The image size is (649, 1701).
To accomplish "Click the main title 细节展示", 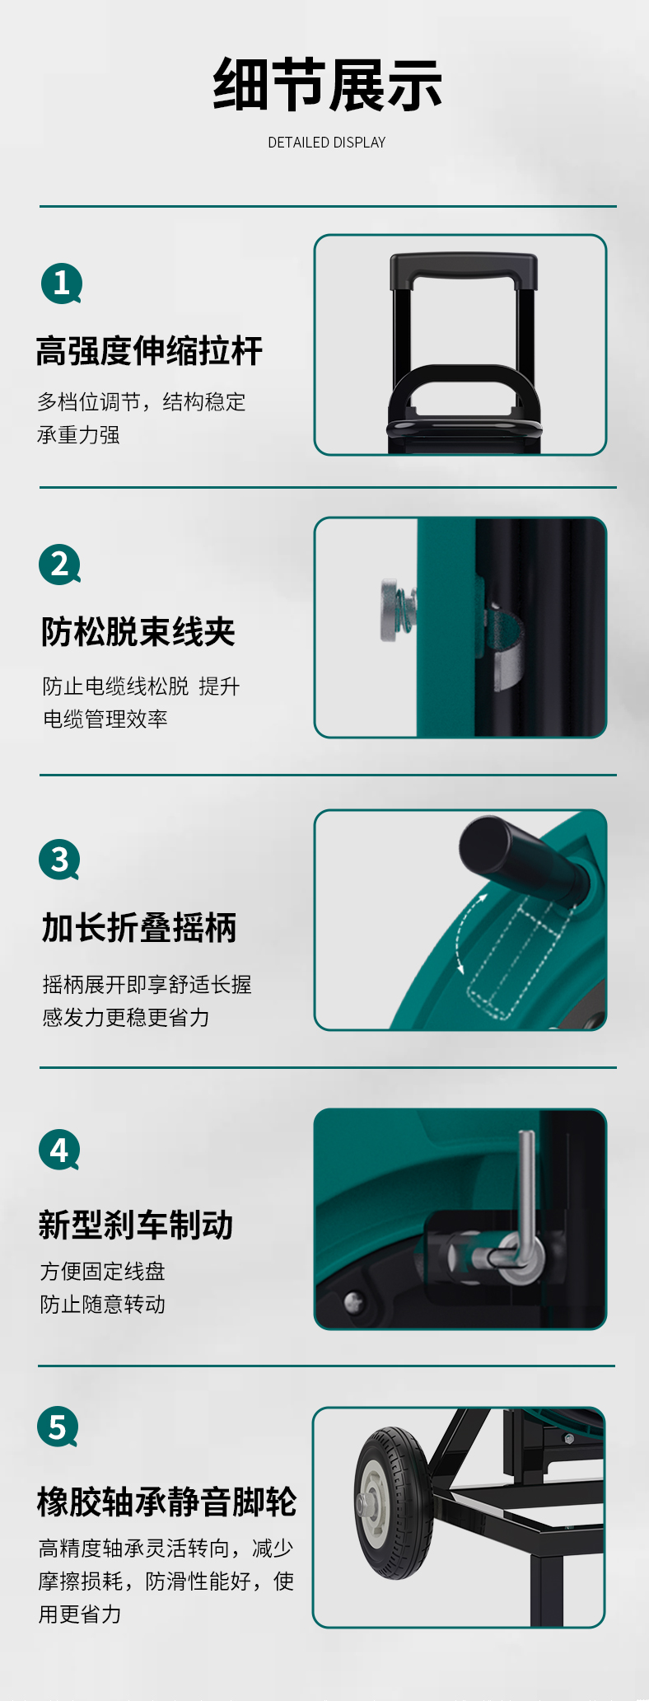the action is [327, 85].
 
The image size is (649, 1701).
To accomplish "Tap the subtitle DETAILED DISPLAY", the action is [327, 143].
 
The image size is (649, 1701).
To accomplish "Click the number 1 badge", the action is [62, 283].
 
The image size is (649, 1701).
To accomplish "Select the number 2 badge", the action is [59, 565].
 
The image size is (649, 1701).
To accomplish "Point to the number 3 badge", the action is [59, 860].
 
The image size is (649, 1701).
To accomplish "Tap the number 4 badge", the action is [59, 1150].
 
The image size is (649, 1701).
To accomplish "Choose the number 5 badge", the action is [58, 1427].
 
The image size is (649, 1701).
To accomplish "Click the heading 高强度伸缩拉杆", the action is [149, 351].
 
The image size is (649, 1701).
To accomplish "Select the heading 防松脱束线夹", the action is [138, 632].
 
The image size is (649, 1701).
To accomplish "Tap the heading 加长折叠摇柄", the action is [139, 928].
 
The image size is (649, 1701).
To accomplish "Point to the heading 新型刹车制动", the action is [136, 1225].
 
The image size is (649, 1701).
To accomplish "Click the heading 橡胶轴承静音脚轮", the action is [166, 1502].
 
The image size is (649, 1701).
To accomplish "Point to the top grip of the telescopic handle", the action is [464, 267].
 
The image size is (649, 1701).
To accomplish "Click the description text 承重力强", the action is [78, 435].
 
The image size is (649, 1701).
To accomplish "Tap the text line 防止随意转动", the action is [103, 1304].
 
